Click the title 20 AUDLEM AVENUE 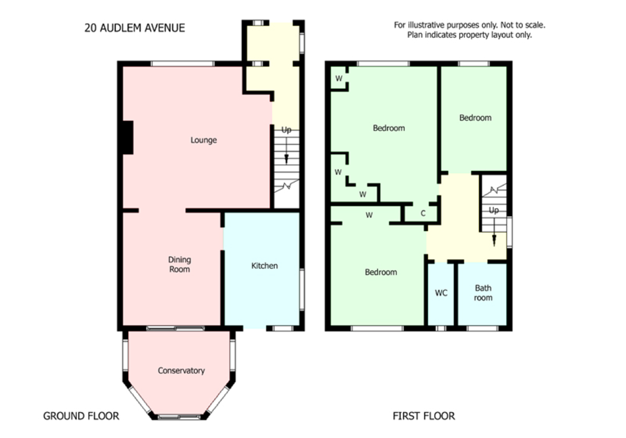click(135, 28)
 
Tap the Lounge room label click(203, 140)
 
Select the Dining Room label click(179, 264)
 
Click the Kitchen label click(264, 266)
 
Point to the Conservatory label click(181, 371)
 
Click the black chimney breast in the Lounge click(127, 137)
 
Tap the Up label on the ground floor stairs click(286, 130)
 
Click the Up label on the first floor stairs click(493, 210)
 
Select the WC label click(441, 293)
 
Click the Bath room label click(483, 292)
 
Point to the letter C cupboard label click(423, 213)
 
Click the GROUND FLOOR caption click(81, 416)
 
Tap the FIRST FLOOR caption click(424, 416)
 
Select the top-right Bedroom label click(475, 118)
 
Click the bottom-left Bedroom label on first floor click(380, 272)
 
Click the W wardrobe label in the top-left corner click(339, 79)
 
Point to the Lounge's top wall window click(183, 64)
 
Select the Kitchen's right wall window click(302, 290)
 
